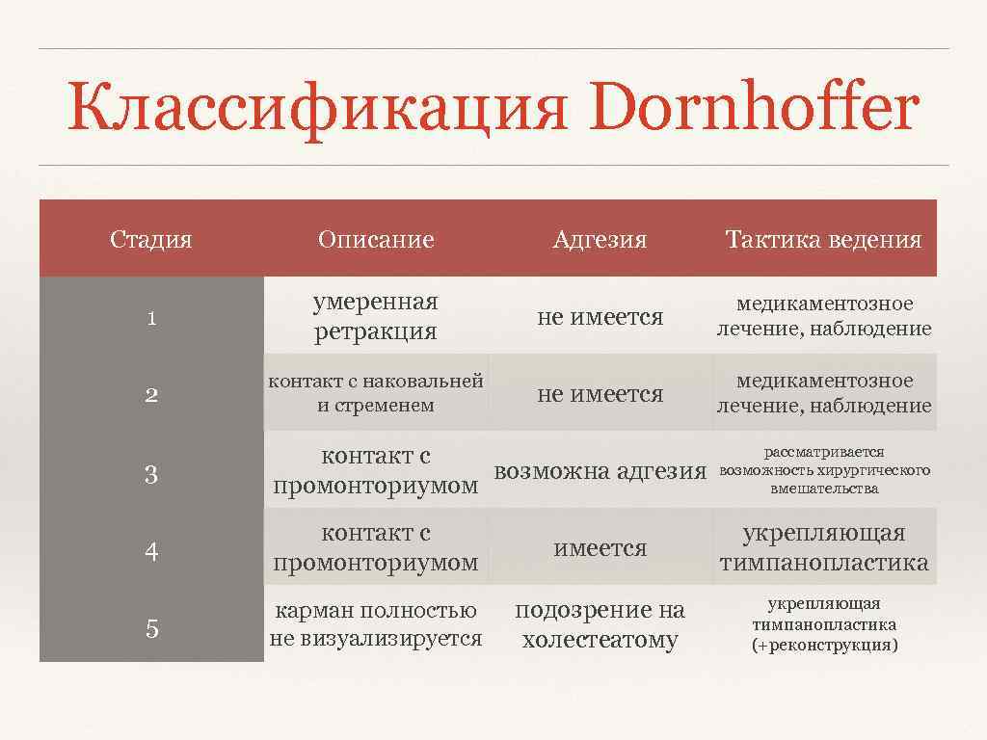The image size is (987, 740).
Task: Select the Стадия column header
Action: tap(151, 239)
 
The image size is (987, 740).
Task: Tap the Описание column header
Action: tap(376, 239)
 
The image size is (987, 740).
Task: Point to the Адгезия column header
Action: tap(600, 239)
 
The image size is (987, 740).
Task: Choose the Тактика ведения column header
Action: tap(823, 239)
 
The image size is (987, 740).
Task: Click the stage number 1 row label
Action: tap(151, 318)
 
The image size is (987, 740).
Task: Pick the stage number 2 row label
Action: tap(151, 395)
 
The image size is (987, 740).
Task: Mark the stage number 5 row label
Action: tap(151, 629)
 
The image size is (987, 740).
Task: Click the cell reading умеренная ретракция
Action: tap(376, 317)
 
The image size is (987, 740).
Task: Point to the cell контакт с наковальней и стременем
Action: tap(376, 393)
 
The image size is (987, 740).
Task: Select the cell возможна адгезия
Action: tap(600, 471)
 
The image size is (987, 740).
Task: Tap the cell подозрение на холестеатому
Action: tap(600, 624)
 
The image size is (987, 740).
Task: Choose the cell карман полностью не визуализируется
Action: tap(376, 624)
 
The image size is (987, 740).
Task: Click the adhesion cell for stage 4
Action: tap(600, 548)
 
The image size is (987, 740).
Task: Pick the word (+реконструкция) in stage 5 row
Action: tap(824, 645)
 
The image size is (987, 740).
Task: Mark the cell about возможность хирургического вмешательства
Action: tap(824, 470)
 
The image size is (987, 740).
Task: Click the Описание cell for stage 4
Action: tap(376, 547)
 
